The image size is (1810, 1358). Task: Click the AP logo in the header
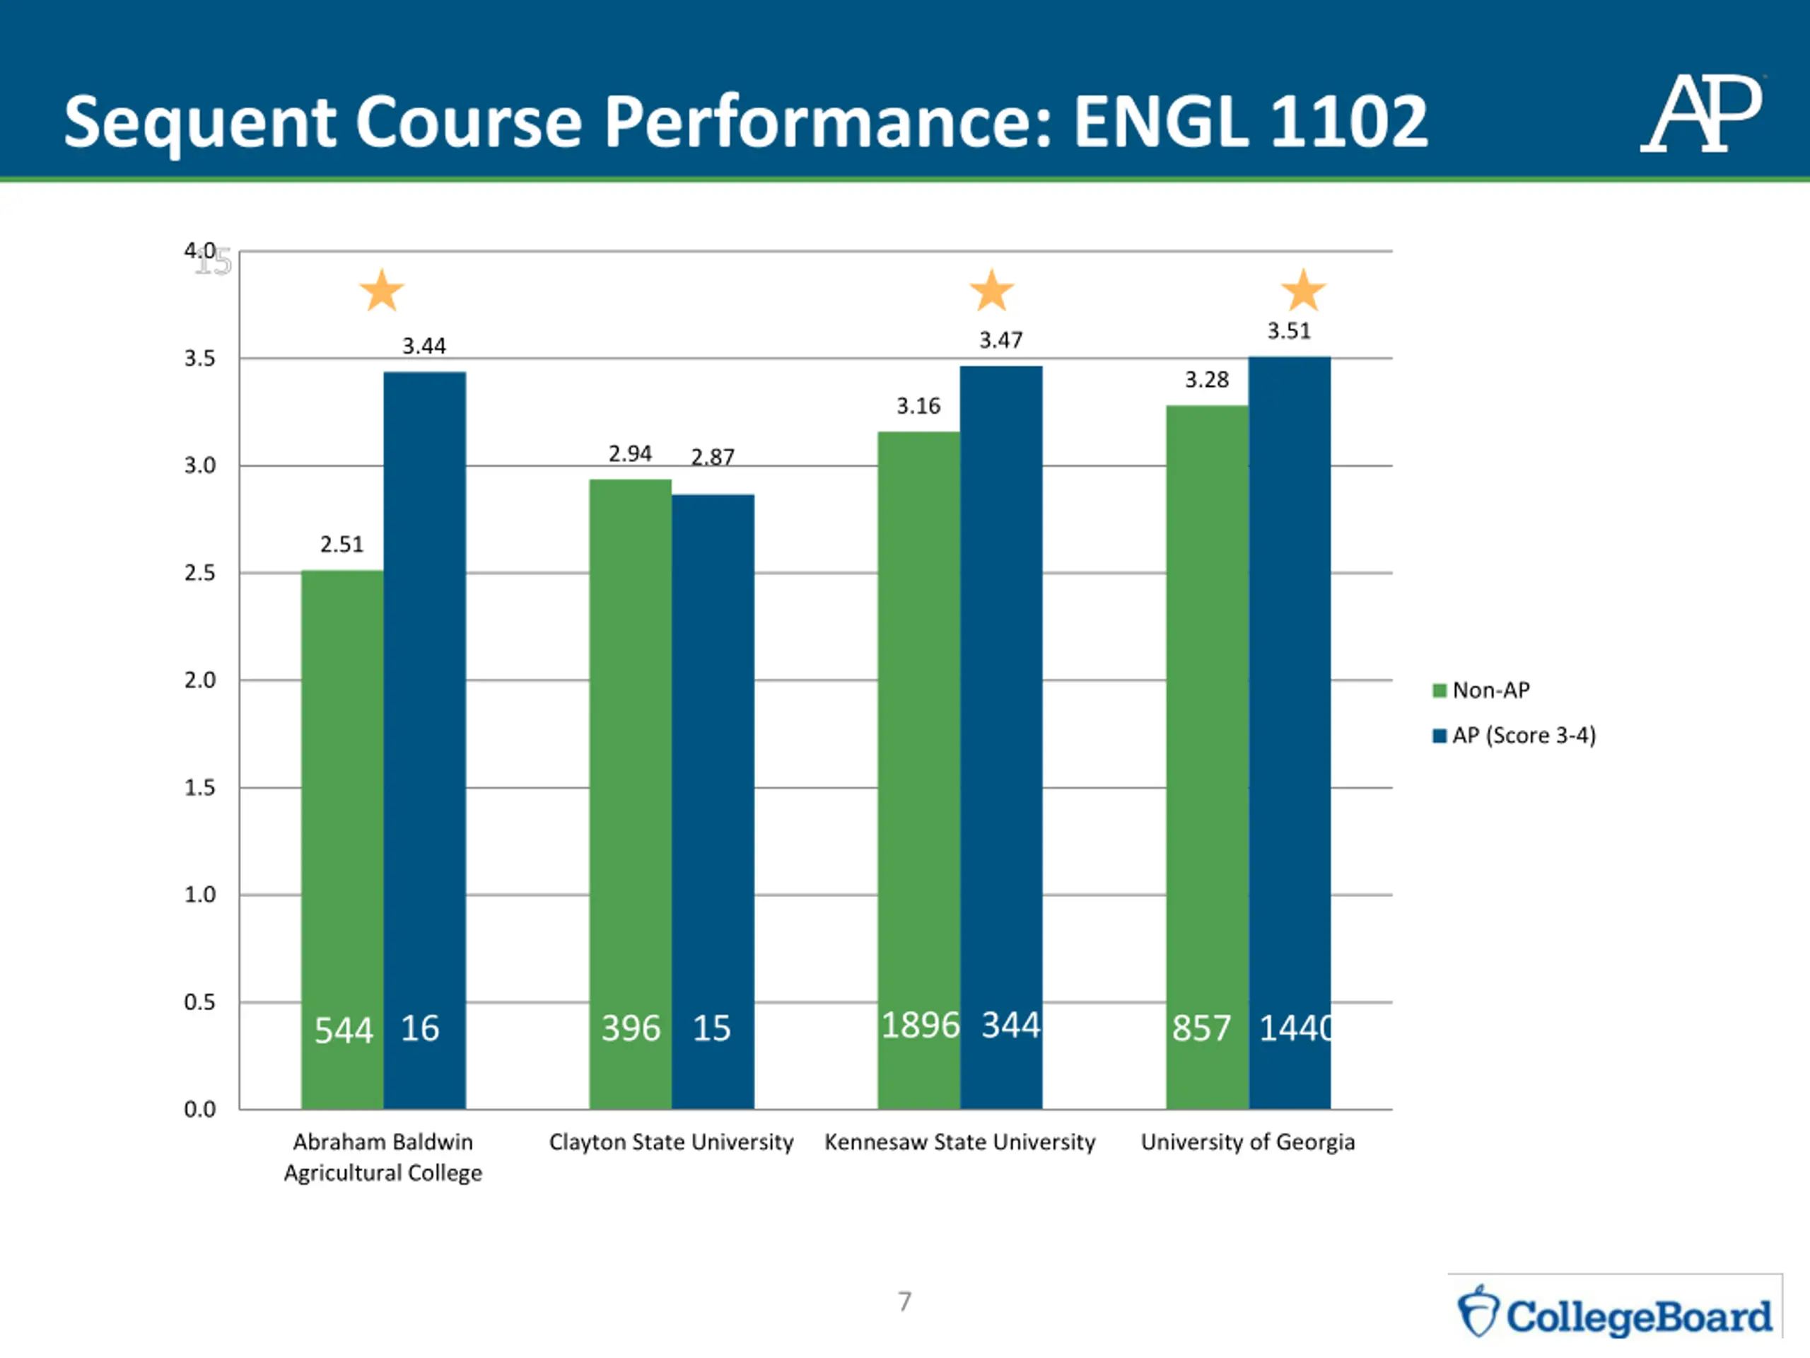pos(1701,114)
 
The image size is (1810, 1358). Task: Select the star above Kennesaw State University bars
pos(992,291)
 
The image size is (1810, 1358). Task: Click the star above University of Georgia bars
pos(1304,291)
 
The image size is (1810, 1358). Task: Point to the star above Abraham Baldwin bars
pos(382,291)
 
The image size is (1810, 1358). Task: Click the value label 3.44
pos(424,347)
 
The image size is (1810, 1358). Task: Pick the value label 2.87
pos(713,457)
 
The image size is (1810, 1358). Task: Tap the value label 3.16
pos(918,406)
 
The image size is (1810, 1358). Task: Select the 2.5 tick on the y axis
pos(199,573)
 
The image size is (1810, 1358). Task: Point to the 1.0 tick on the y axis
pos(199,895)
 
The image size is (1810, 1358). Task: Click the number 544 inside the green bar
pos(344,1030)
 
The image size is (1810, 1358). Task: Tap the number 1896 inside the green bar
pos(920,1025)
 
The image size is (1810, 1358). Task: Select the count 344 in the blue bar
pos(1010,1025)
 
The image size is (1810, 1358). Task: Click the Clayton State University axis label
pos(671,1142)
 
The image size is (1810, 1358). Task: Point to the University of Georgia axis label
pos(1248,1142)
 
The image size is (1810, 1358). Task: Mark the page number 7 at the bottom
pos(904,1301)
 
